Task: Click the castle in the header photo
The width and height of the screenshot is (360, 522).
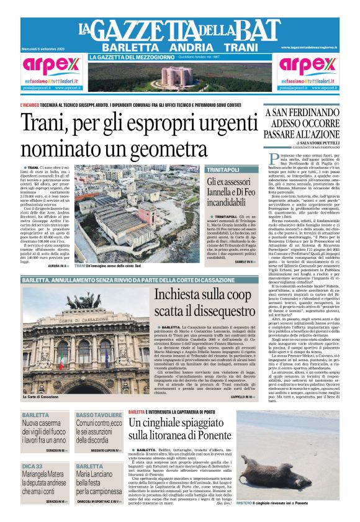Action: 179,76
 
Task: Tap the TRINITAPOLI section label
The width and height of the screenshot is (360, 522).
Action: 223,169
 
